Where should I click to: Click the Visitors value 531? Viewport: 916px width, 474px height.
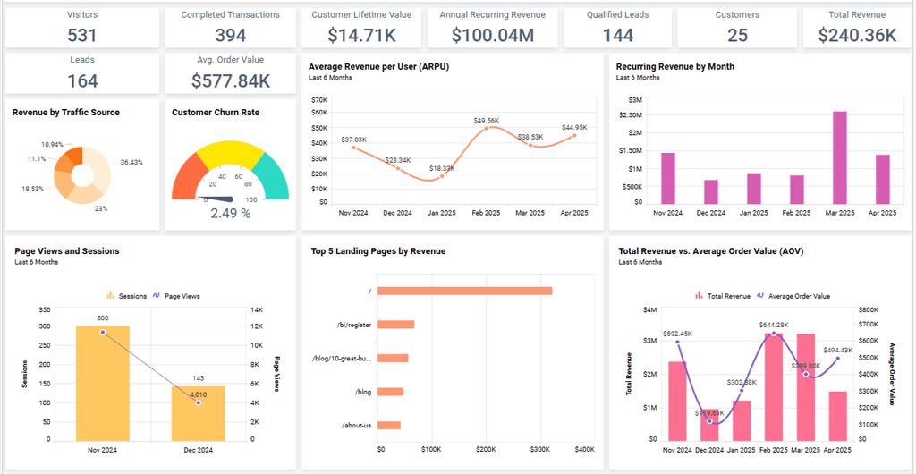coord(82,35)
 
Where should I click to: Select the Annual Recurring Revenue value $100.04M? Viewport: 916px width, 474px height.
coord(493,35)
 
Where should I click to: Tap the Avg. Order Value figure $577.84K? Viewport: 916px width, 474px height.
coord(231,80)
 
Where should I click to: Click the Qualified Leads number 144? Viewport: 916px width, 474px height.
coord(618,35)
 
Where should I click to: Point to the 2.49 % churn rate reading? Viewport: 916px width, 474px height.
coord(230,213)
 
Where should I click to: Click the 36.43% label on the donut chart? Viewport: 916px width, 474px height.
coord(131,162)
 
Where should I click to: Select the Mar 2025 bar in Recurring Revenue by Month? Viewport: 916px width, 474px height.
coord(840,158)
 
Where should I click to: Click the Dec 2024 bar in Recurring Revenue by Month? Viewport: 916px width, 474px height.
coord(711,191)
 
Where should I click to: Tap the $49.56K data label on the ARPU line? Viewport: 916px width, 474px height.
coord(487,120)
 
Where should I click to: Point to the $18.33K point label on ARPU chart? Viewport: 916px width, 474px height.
coord(442,168)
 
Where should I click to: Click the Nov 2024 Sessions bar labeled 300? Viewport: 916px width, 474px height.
coord(102,383)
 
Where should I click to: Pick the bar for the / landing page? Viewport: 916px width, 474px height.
coord(466,291)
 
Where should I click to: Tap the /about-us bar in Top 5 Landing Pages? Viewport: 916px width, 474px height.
coord(390,425)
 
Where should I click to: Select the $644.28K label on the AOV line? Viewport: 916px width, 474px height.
coord(773,324)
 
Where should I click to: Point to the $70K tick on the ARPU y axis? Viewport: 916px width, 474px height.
coord(319,100)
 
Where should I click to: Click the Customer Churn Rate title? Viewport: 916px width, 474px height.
coord(216,113)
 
